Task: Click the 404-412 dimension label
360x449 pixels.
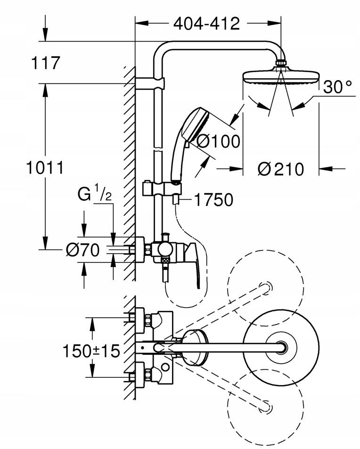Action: click(206, 24)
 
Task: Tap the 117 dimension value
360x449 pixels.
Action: click(46, 63)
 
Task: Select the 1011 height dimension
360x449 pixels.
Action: click(45, 168)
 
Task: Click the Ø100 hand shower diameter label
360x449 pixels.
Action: click(218, 141)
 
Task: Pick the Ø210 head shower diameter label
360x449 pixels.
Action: click(280, 169)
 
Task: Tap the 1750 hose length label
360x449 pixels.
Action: click(213, 200)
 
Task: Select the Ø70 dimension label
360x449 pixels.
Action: click(83, 250)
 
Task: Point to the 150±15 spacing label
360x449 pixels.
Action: click(91, 351)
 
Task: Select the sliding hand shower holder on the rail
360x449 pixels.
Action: click(162, 189)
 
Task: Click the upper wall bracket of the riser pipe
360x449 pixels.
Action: click(150, 83)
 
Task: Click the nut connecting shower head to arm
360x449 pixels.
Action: click(281, 63)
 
